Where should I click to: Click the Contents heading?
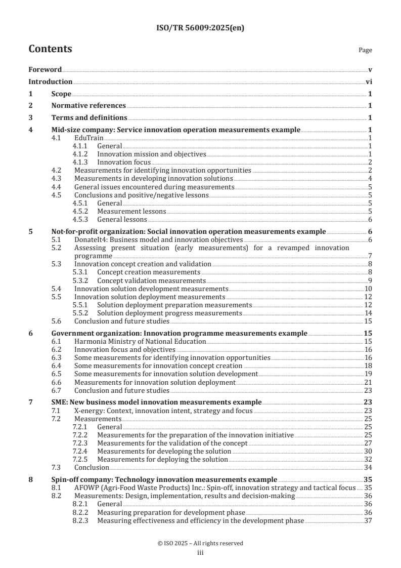50,49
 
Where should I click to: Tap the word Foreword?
45,69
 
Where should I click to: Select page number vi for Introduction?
369,82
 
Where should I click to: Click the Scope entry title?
61,94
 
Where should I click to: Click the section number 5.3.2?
81,280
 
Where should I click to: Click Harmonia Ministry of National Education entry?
140,341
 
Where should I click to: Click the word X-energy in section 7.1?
90,410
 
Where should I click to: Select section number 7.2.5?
81,459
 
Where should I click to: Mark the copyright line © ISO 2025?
200,543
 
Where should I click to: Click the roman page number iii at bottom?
200,553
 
